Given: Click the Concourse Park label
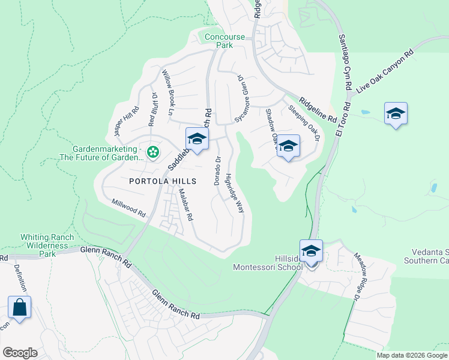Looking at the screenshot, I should [224, 41].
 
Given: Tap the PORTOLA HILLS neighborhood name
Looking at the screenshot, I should [162, 181].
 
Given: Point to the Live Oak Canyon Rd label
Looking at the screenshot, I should [385, 70].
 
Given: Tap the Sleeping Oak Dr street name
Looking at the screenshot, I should [305, 124].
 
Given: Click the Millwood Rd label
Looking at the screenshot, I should [129, 208].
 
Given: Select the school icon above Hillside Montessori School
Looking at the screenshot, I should [311, 251].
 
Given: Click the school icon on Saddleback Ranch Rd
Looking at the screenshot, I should [196, 139].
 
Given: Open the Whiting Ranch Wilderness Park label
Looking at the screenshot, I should [38, 245].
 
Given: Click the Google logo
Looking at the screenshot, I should [20, 352].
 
